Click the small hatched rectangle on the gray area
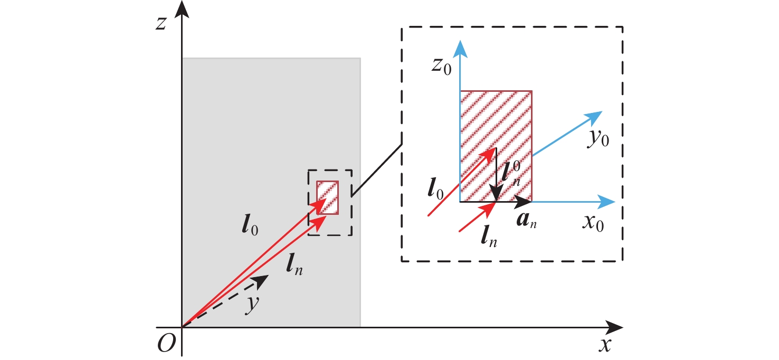[327, 197]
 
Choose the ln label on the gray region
[294, 267]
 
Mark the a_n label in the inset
[528, 219]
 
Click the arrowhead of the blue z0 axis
[461, 46]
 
